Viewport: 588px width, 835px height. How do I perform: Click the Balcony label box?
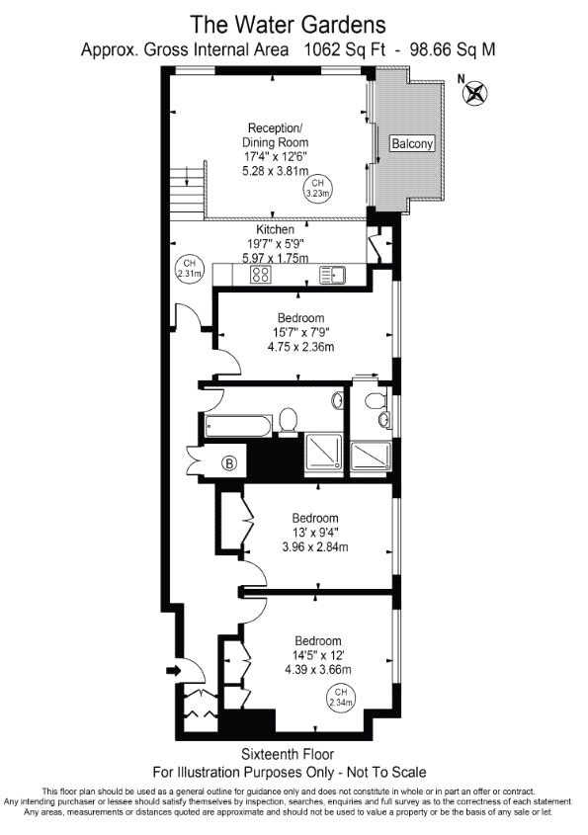412,143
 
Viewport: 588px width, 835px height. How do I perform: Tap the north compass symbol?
474,92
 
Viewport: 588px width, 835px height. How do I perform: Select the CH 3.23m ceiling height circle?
318,189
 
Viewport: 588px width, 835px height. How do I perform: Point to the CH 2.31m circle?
190,269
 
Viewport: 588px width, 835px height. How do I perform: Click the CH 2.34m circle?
341,697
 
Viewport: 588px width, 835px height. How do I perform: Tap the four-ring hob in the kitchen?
261,275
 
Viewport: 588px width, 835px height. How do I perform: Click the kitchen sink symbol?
332,275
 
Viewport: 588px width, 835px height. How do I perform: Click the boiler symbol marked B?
229,463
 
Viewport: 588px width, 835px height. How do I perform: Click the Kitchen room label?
276,229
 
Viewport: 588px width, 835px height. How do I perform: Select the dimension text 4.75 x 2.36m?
301,347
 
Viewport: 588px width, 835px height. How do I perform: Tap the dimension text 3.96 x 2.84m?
315,546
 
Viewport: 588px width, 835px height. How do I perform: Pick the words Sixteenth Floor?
288,754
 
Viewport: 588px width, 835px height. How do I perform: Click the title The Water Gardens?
288,25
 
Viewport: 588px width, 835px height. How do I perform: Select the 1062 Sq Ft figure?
345,49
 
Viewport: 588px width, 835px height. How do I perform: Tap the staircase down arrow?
188,176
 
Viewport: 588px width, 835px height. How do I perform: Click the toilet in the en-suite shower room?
376,399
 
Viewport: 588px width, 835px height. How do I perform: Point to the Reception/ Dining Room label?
276,135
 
